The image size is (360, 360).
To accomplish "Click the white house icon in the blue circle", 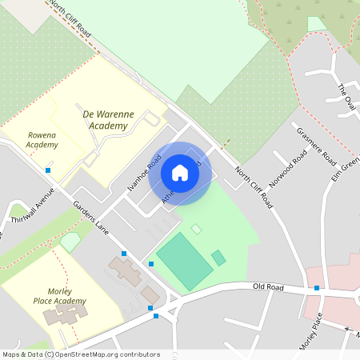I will pyautogui.click(x=180, y=173).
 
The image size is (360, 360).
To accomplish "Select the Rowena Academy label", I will pyautogui.click(x=42, y=140).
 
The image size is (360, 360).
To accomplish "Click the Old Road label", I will pyautogui.click(x=268, y=286).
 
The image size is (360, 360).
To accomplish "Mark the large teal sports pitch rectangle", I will pyautogui.click(x=185, y=261).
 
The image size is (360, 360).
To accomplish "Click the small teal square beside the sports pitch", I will pyautogui.click(x=218, y=258).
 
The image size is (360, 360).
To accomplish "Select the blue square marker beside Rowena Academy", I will pyautogui.click(x=49, y=170).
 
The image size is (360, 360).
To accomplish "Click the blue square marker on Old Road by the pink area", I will pyautogui.click(x=318, y=288).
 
